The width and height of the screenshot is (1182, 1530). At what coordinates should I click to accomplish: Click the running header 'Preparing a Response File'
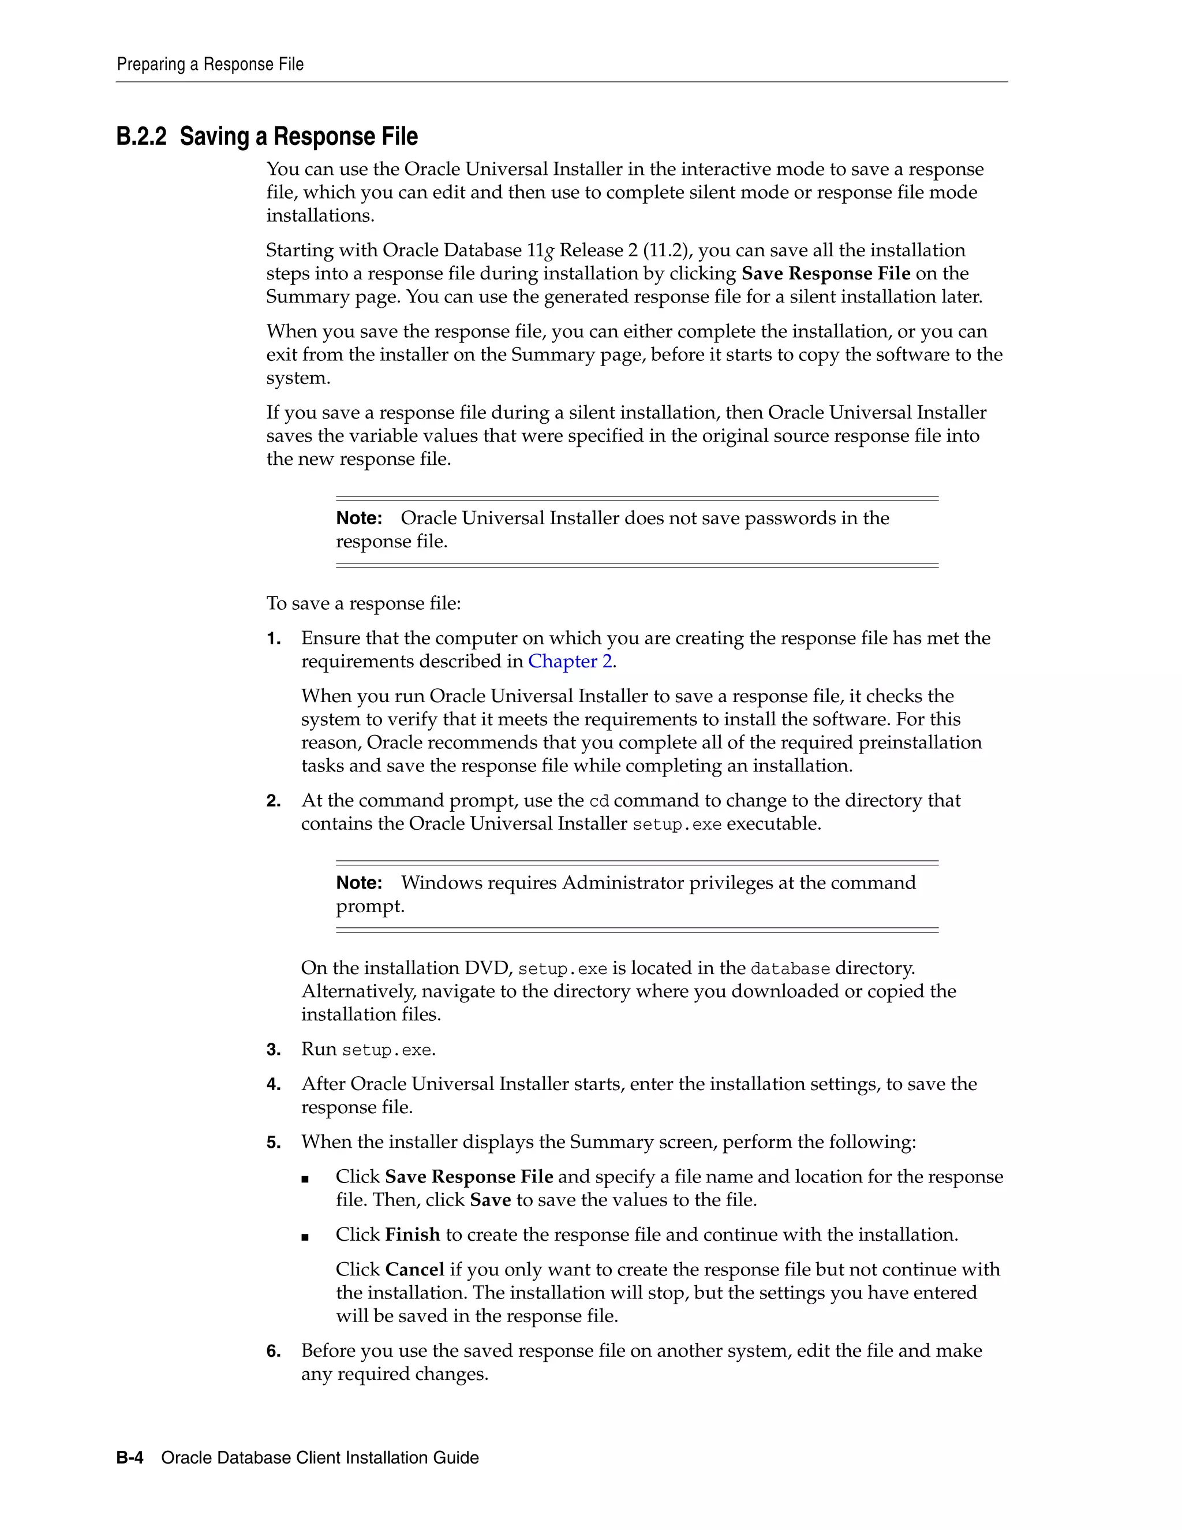(x=210, y=65)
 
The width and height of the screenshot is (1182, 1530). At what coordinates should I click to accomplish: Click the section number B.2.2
(x=141, y=137)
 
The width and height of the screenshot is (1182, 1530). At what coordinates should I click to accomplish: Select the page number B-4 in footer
(x=129, y=1458)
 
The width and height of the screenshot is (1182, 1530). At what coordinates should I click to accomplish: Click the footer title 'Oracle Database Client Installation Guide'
(x=320, y=1458)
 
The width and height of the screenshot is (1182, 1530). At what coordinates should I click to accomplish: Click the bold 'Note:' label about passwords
(x=358, y=518)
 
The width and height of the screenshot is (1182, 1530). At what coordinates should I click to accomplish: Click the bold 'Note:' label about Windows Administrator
(x=358, y=883)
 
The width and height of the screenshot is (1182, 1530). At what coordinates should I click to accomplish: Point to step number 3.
(x=273, y=1050)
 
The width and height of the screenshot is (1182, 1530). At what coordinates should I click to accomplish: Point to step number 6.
(x=273, y=1350)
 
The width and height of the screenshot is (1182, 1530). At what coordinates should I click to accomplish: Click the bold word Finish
(x=413, y=1234)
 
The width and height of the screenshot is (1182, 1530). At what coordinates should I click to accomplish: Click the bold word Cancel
(x=414, y=1270)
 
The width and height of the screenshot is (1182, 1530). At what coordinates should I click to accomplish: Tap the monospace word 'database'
(x=790, y=969)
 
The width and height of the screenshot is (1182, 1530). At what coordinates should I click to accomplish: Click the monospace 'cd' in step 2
(x=599, y=801)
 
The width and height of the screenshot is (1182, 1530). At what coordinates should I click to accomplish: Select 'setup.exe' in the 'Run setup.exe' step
(x=387, y=1050)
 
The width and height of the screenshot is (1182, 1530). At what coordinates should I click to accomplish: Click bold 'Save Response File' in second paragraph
(x=825, y=274)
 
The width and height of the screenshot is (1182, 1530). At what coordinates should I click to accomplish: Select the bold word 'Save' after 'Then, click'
(x=490, y=1200)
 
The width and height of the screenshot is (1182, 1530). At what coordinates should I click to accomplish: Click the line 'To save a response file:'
(x=364, y=603)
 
